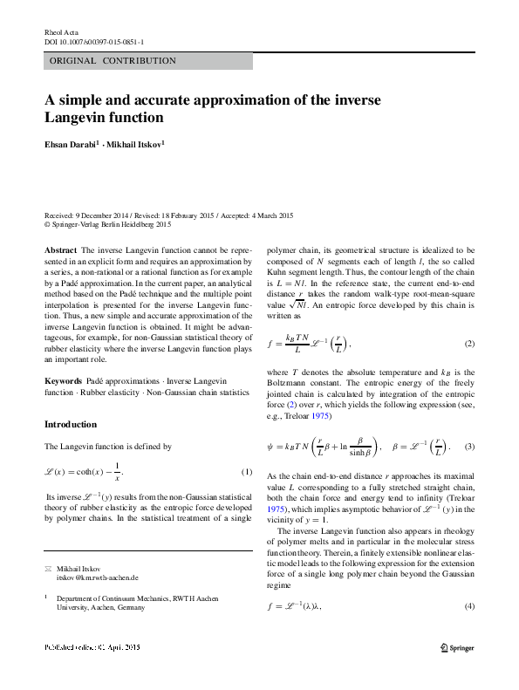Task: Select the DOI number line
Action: point(94,41)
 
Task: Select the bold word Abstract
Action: point(60,249)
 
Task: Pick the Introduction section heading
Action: point(71,424)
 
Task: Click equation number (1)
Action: point(246,472)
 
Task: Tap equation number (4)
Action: point(468,605)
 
